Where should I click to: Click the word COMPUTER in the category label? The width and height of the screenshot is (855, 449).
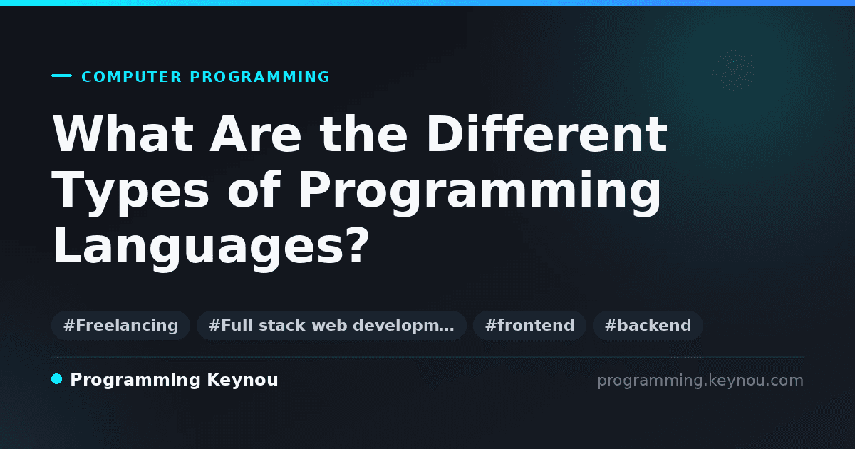(132, 77)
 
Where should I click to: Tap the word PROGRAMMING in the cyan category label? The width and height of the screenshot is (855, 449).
(260, 77)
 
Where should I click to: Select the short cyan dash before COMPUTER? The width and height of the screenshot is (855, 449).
(61, 76)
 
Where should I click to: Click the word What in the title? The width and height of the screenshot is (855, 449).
(123, 134)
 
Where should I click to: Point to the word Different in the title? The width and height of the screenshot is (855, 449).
(546, 134)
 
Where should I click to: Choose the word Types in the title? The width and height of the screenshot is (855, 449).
(130, 194)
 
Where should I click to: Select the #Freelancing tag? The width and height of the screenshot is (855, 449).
(120, 325)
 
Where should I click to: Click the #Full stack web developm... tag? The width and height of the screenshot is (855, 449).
(331, 325)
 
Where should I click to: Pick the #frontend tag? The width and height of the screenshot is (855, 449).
(529, 325)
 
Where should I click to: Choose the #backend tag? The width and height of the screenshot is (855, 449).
(648, 325)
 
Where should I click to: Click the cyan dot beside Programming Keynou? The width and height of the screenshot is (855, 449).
(57, 379)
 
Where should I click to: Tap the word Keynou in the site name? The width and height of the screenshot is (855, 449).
(242, 381)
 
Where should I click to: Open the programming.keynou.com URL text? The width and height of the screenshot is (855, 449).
(700, 381)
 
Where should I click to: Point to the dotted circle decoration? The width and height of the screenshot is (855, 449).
(736, 71)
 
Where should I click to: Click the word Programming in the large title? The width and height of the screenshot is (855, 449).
(479, 194)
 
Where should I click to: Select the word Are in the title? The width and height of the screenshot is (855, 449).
(256, 134)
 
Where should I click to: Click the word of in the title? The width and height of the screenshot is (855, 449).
(254, 189)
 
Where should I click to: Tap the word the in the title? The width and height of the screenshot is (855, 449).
(364, 134)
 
